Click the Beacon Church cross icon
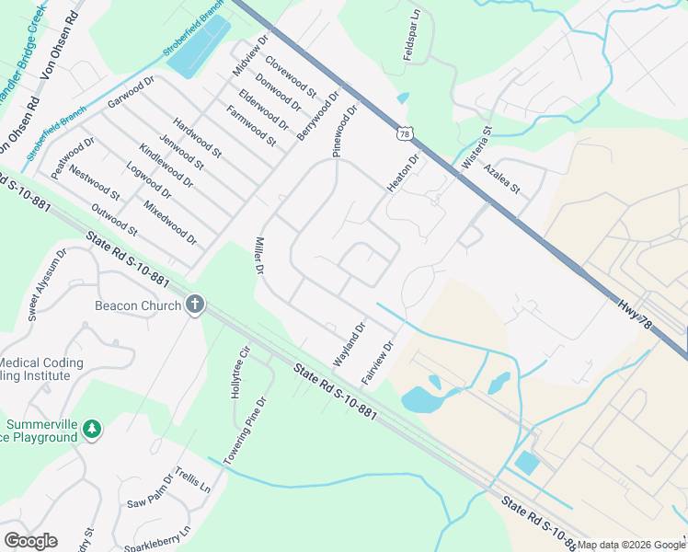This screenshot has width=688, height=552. click(x=194, y=305)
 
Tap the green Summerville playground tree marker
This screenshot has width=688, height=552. click(x=91, y=429)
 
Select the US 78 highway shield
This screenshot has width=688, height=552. click(x=405, y=134)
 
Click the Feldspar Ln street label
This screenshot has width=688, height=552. click(x=411, y=36)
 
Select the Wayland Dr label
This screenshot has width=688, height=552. click(x=350, y=344)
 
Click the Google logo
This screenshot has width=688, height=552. click(x=30, y=541)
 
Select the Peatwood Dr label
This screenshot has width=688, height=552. click(x=74, y=157)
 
